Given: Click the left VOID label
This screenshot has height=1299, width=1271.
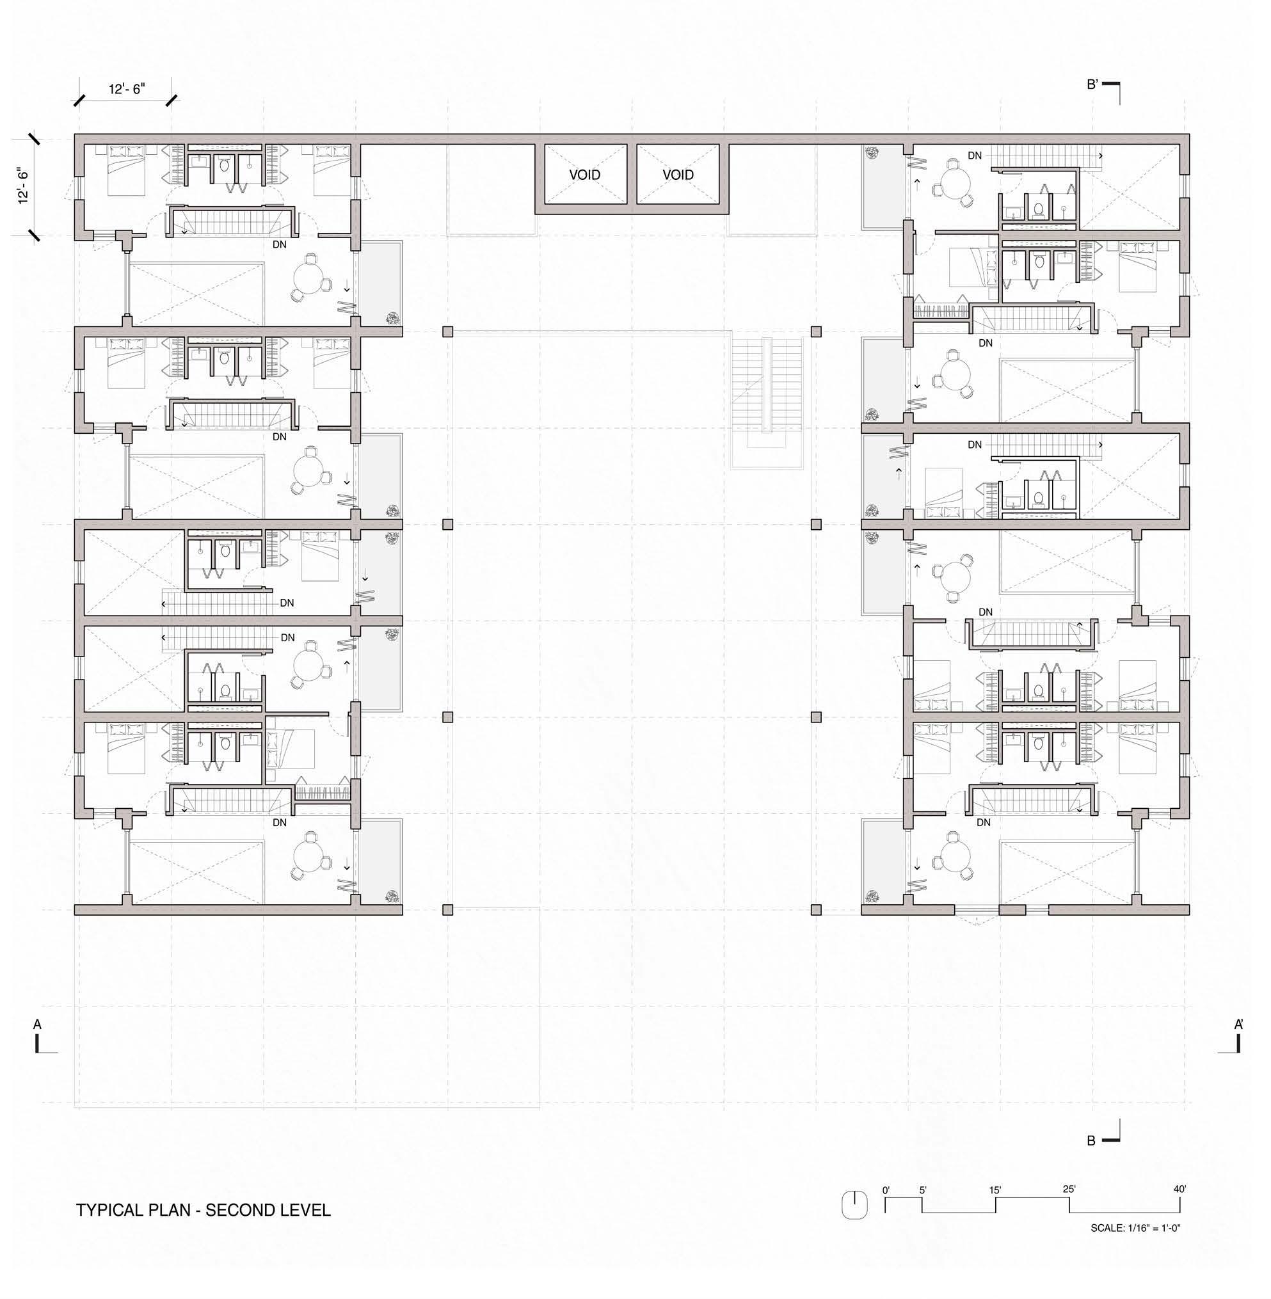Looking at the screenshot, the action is click(x=585, y=175).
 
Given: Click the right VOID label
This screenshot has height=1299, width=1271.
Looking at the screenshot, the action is click(x=678, y=175).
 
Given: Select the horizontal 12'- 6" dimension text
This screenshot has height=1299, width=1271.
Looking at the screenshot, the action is click(x=127, y=89).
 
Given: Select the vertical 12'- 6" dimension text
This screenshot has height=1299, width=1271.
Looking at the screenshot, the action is click(x=24, y=185).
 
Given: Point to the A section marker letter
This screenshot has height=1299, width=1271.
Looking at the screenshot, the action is click(x=37, y=1024).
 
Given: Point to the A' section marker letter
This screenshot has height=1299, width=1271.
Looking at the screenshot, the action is click(x=1238, y=1024).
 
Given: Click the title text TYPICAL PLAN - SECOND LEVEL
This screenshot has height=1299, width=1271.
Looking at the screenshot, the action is click(x=204, y=1210).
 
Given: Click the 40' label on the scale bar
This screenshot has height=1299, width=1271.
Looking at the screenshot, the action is click(x=1179, y=1189).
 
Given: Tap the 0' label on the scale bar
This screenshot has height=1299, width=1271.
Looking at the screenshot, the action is click(x=886, y=1190).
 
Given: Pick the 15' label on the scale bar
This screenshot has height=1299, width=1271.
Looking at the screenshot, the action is click(x=995, y=1190).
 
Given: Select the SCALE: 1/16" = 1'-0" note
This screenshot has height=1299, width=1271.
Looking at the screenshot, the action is click(x=1135, y=1227).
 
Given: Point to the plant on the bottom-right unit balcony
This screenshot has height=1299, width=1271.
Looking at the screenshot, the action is click(x=871, y=897).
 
